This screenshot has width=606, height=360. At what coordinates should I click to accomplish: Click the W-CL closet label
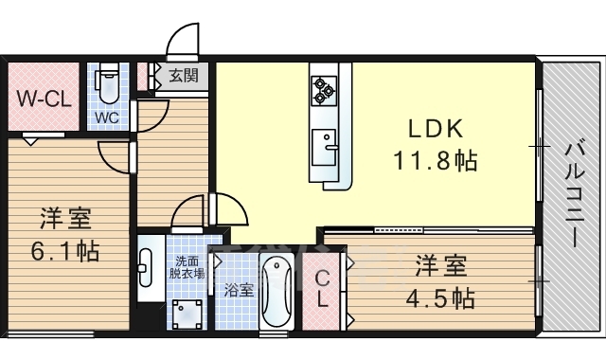[45, 99]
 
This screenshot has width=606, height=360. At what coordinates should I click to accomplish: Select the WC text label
[107, 117]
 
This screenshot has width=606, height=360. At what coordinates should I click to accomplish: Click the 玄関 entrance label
[184, 75]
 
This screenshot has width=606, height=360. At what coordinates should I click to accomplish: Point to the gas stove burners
[324, 91]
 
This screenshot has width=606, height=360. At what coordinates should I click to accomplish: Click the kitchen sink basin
[324, 148]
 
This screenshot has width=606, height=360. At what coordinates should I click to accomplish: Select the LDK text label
[436, 129]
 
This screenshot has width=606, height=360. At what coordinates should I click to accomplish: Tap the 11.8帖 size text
[436, 160]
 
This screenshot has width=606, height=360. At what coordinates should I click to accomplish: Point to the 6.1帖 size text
[65, 251]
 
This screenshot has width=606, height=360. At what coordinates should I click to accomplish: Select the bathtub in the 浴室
[276, 292]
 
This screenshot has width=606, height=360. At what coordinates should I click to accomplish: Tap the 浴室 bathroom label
[239, 290]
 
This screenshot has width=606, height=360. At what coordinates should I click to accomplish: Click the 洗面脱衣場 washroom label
[187, 267]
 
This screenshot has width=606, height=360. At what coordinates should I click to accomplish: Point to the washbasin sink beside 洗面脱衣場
[145, 268]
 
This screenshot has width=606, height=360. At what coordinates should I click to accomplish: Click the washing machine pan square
[187, 314]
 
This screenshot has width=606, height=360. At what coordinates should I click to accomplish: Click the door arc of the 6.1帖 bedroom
[113, 158]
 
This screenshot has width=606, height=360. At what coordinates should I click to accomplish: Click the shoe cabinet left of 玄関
[143, 76]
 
